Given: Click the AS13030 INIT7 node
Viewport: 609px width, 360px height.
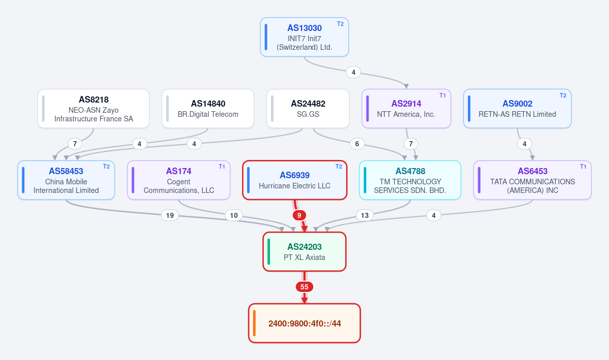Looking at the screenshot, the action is click(304, 37).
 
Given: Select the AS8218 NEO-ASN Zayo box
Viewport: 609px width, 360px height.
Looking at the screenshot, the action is click(93, 109).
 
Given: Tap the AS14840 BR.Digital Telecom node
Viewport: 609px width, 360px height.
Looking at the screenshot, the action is click(208, 109).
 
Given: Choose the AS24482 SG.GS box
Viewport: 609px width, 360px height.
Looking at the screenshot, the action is click(308, 109).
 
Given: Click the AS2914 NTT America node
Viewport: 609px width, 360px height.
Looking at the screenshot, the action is click(406, 109).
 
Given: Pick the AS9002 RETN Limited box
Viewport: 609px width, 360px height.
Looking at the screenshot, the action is click(517, 109).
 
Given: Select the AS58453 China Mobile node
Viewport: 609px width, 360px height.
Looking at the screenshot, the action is click(66, 180).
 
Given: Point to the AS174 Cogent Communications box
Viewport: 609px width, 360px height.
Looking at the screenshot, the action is click(179, 180).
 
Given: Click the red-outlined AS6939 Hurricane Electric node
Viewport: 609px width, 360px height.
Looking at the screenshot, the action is click(295, 180).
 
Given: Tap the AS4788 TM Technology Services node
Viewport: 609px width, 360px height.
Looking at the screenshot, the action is click(410, 180).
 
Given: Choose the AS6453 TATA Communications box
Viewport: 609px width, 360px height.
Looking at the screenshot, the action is click(532, 180).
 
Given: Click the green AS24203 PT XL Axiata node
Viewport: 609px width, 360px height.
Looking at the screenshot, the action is click(304, 252).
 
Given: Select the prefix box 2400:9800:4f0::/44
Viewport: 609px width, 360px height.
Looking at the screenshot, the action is click(304, 323).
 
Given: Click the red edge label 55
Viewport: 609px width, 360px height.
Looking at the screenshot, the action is click(304, 287).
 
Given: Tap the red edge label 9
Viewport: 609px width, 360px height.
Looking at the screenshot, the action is click(299, 215).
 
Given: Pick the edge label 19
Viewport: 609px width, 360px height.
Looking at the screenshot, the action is click(170, 215).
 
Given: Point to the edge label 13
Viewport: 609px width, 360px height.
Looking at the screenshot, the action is click(364, 215).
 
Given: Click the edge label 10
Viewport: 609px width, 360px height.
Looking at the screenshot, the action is click(234, 215).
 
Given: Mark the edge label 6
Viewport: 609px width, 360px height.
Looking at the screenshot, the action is click(357, 144).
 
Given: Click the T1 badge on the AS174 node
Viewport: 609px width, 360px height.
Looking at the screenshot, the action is click(222, 167).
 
